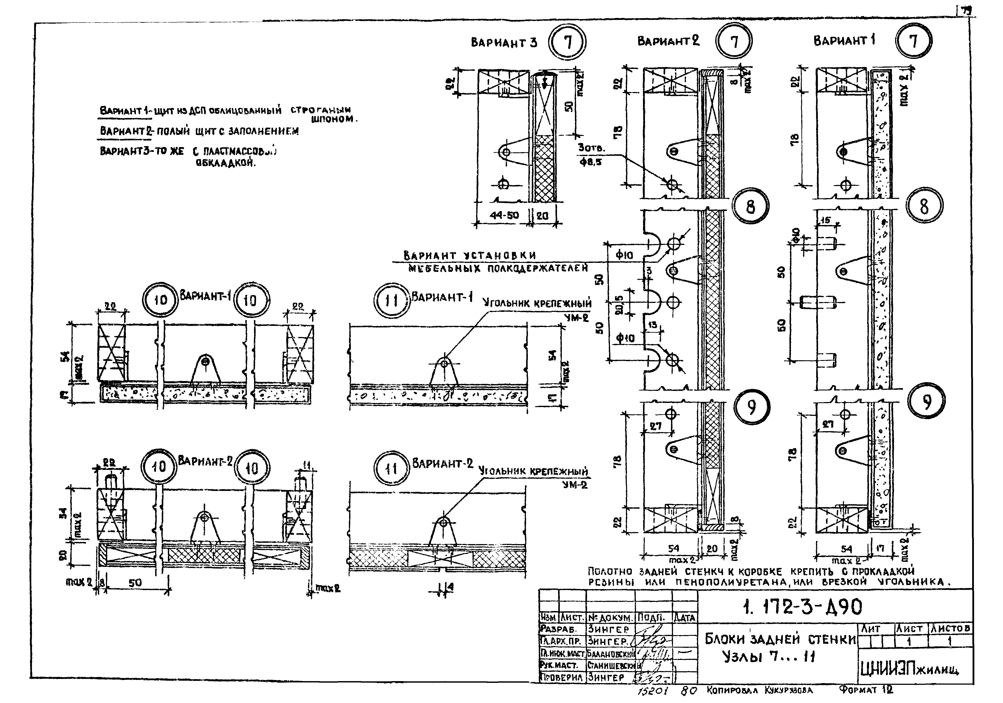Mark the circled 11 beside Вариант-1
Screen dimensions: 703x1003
[x=391, y=301]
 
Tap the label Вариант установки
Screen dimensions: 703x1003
[x=470, y=255]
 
